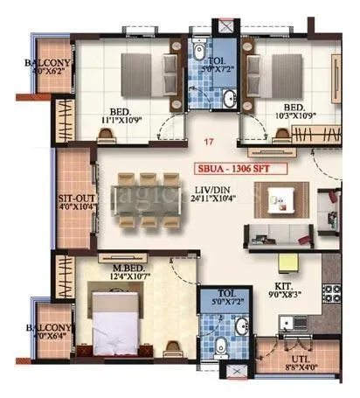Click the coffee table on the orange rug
click(x=281, y=199)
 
